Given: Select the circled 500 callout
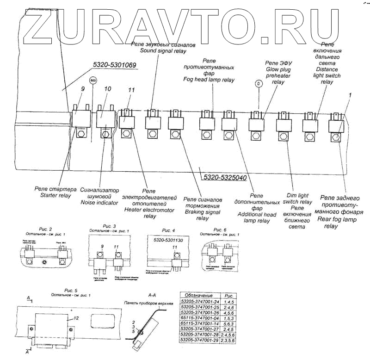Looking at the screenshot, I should click(93, 80).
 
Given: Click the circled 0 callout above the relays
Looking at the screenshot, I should click(259, 84).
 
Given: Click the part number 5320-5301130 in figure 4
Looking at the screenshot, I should click(166, 241).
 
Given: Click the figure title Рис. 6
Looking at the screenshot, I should click(220, 230).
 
